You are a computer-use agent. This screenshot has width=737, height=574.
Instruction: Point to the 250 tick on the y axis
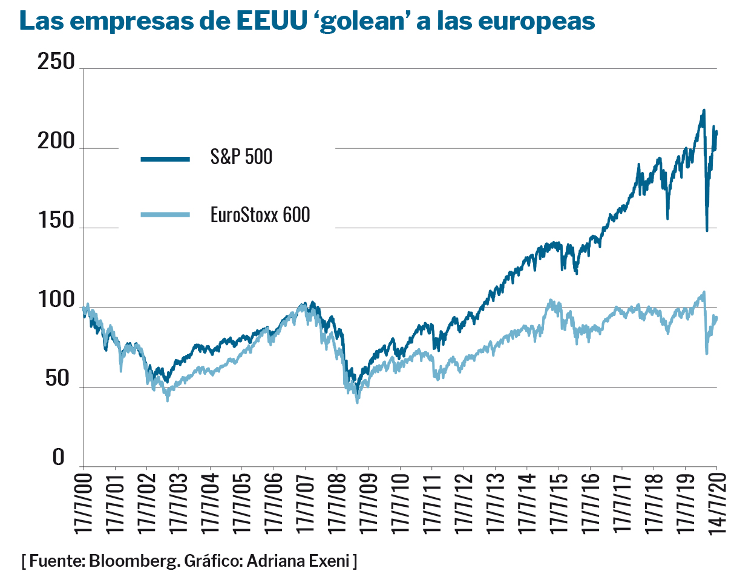tap(56, 62)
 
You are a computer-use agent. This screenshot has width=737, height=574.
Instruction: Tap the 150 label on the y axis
tap(56, 222)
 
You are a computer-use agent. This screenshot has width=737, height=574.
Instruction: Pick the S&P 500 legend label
tap(241, 157)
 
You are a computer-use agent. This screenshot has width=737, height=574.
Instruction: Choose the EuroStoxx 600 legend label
tap(260, 214)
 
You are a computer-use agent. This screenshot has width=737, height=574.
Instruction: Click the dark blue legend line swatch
tap(165, 159)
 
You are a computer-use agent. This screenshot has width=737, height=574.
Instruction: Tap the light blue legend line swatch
tap(165, 214)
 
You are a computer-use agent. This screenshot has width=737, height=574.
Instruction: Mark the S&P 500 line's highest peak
tap(704, 110)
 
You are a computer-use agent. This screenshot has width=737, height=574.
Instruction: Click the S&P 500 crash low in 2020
tap(707, 230)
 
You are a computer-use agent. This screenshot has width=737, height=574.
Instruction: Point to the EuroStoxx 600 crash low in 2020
tap(707, 353)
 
